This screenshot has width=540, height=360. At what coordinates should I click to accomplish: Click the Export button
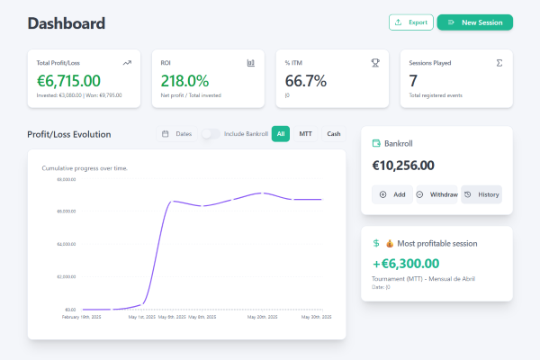(x=410, y=22)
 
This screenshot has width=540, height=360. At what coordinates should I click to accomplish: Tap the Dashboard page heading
(x=67, y=23)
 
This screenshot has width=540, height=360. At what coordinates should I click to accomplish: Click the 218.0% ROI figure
(x=184, y=81)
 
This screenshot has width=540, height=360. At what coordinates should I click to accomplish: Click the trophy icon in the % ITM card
(x=375, y=63)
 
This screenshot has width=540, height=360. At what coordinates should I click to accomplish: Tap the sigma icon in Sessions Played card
(x=499, y=63)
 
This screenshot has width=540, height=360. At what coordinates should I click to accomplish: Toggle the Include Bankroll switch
(x=211, y=134)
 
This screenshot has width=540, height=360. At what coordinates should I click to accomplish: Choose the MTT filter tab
(x=305, y=134)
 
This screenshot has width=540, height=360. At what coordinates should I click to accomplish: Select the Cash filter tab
(x=333, y=134)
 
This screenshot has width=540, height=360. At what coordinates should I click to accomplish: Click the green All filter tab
(x=281, y=134)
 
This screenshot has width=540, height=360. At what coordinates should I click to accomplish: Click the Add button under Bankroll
(x=392, y=194)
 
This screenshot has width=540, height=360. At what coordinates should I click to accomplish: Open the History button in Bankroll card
(x=481, y=194)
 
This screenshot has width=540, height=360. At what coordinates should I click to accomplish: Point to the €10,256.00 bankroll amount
(x=403, y=166)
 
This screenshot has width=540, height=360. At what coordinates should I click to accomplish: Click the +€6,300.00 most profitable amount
(x=405, y=264)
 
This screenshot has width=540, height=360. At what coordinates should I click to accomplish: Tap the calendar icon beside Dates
(x=166, y=134)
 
